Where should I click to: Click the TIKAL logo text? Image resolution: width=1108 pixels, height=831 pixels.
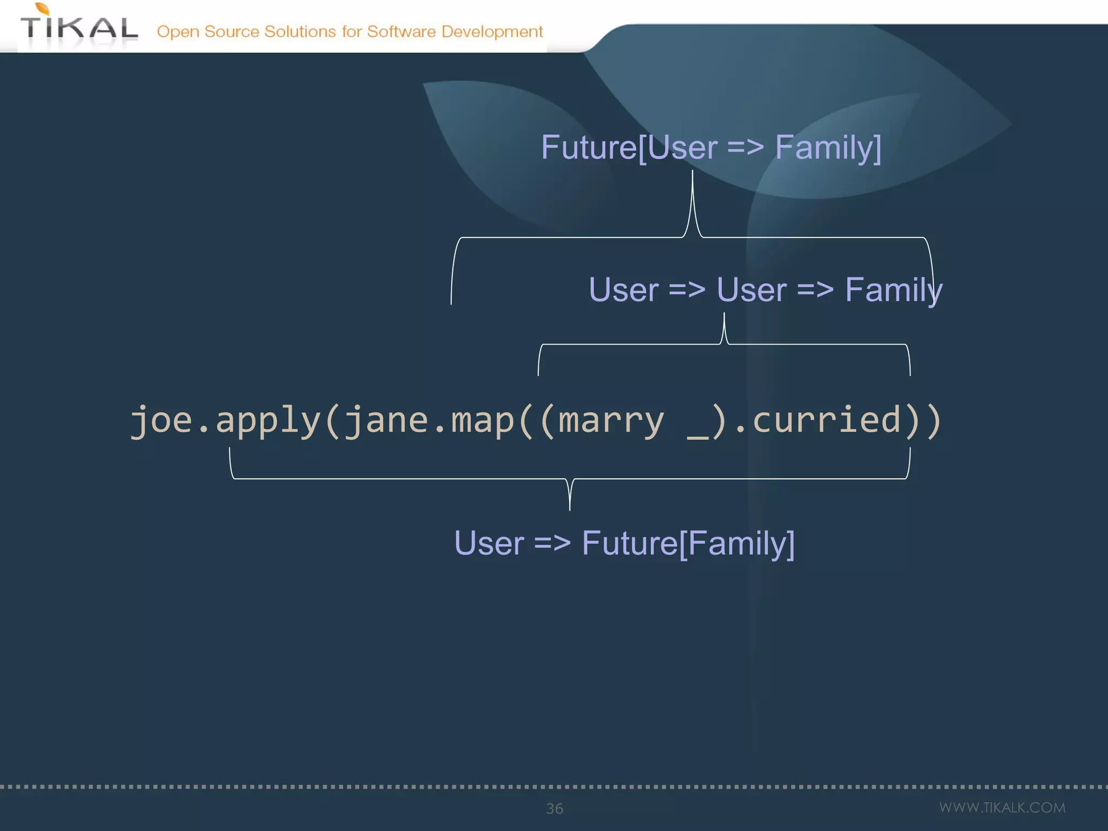point(79,29)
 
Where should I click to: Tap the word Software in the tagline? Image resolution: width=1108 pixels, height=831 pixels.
point(401,31)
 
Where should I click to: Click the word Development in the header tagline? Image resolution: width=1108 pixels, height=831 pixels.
point(492,31)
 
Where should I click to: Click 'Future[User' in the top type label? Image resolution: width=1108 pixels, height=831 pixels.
point(629,147)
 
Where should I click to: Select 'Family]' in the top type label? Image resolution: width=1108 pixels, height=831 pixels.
point(828,147)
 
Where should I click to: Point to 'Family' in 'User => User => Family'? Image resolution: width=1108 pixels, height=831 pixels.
point(893,289)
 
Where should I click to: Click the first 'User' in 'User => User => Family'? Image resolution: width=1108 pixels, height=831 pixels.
point(623,289)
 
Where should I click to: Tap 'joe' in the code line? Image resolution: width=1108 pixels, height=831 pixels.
point(161,420)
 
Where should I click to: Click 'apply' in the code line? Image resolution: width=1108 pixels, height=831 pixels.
point(268,420)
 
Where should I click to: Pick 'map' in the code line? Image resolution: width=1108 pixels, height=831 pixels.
point(483,420)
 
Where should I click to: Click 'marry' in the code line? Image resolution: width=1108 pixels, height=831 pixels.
point(611,420)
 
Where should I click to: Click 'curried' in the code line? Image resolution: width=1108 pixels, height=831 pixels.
point(827,420)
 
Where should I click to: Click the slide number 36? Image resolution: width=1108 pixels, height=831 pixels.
point(555,808)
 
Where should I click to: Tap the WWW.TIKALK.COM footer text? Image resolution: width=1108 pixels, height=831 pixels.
point(1002,808)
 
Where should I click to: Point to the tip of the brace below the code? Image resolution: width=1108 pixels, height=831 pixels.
point(570,509)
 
